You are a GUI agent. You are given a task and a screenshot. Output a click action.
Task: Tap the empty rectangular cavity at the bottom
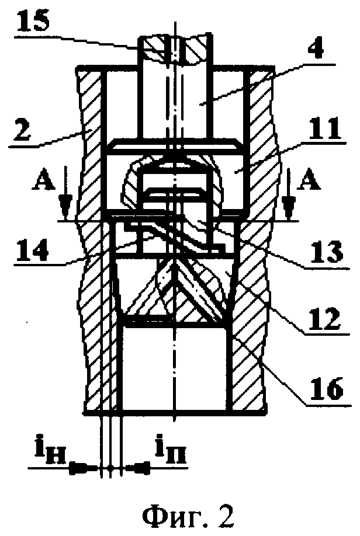175,365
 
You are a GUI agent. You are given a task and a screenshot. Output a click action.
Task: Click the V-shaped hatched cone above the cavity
176,292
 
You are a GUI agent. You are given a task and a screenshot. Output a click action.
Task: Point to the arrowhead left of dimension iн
82,468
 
